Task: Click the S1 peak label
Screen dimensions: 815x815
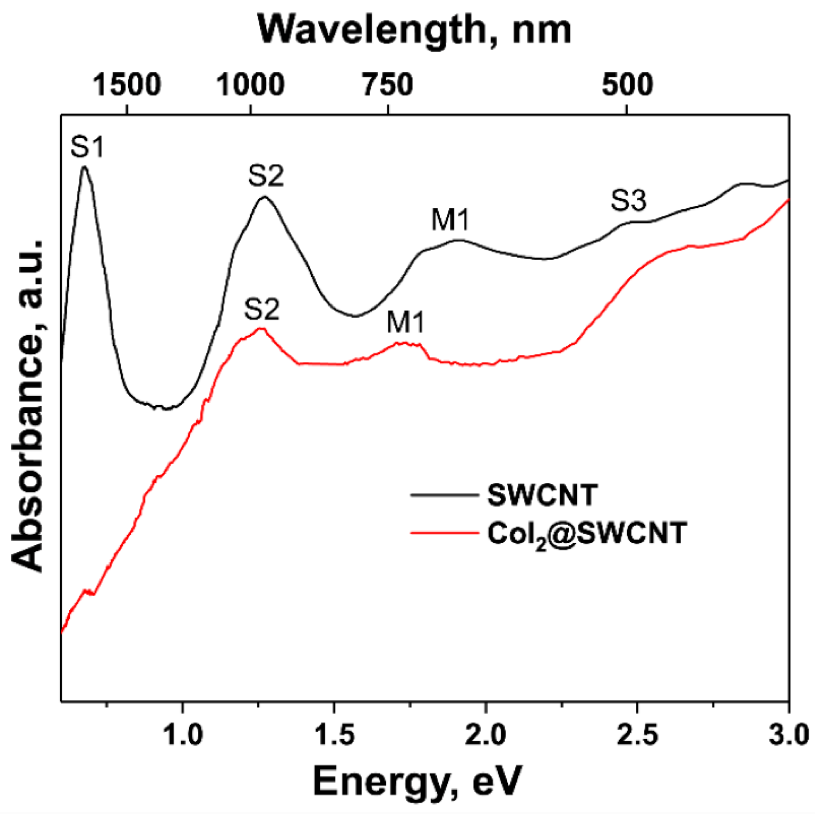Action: [x=87, y=147]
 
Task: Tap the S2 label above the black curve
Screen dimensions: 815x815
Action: [x=266, y=177]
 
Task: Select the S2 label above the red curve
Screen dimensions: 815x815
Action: [x=261, y=310]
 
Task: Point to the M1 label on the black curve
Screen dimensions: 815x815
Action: [x=450, y=220]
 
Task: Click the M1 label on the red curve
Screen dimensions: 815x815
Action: [x=405, y=323]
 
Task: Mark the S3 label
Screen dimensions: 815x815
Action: [x=628, y=201]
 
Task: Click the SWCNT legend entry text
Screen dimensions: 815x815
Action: [x=542, y=495]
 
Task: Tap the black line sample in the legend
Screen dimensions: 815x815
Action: [x=444, y=495]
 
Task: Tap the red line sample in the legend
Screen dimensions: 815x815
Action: [x=444, y=533]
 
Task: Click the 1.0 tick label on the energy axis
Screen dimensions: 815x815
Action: [x=183, y=735]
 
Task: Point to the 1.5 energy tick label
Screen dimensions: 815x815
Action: [x=334, y=735]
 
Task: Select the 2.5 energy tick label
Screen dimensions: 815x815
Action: [x=637, y=735]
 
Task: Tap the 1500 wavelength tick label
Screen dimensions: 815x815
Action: [x=127, y=85]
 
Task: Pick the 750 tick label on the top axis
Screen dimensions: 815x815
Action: [x=387, y=85]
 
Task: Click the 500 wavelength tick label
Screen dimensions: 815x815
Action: [x=627, y=85]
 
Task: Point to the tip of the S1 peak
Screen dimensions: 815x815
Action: [x=84, y=167]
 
